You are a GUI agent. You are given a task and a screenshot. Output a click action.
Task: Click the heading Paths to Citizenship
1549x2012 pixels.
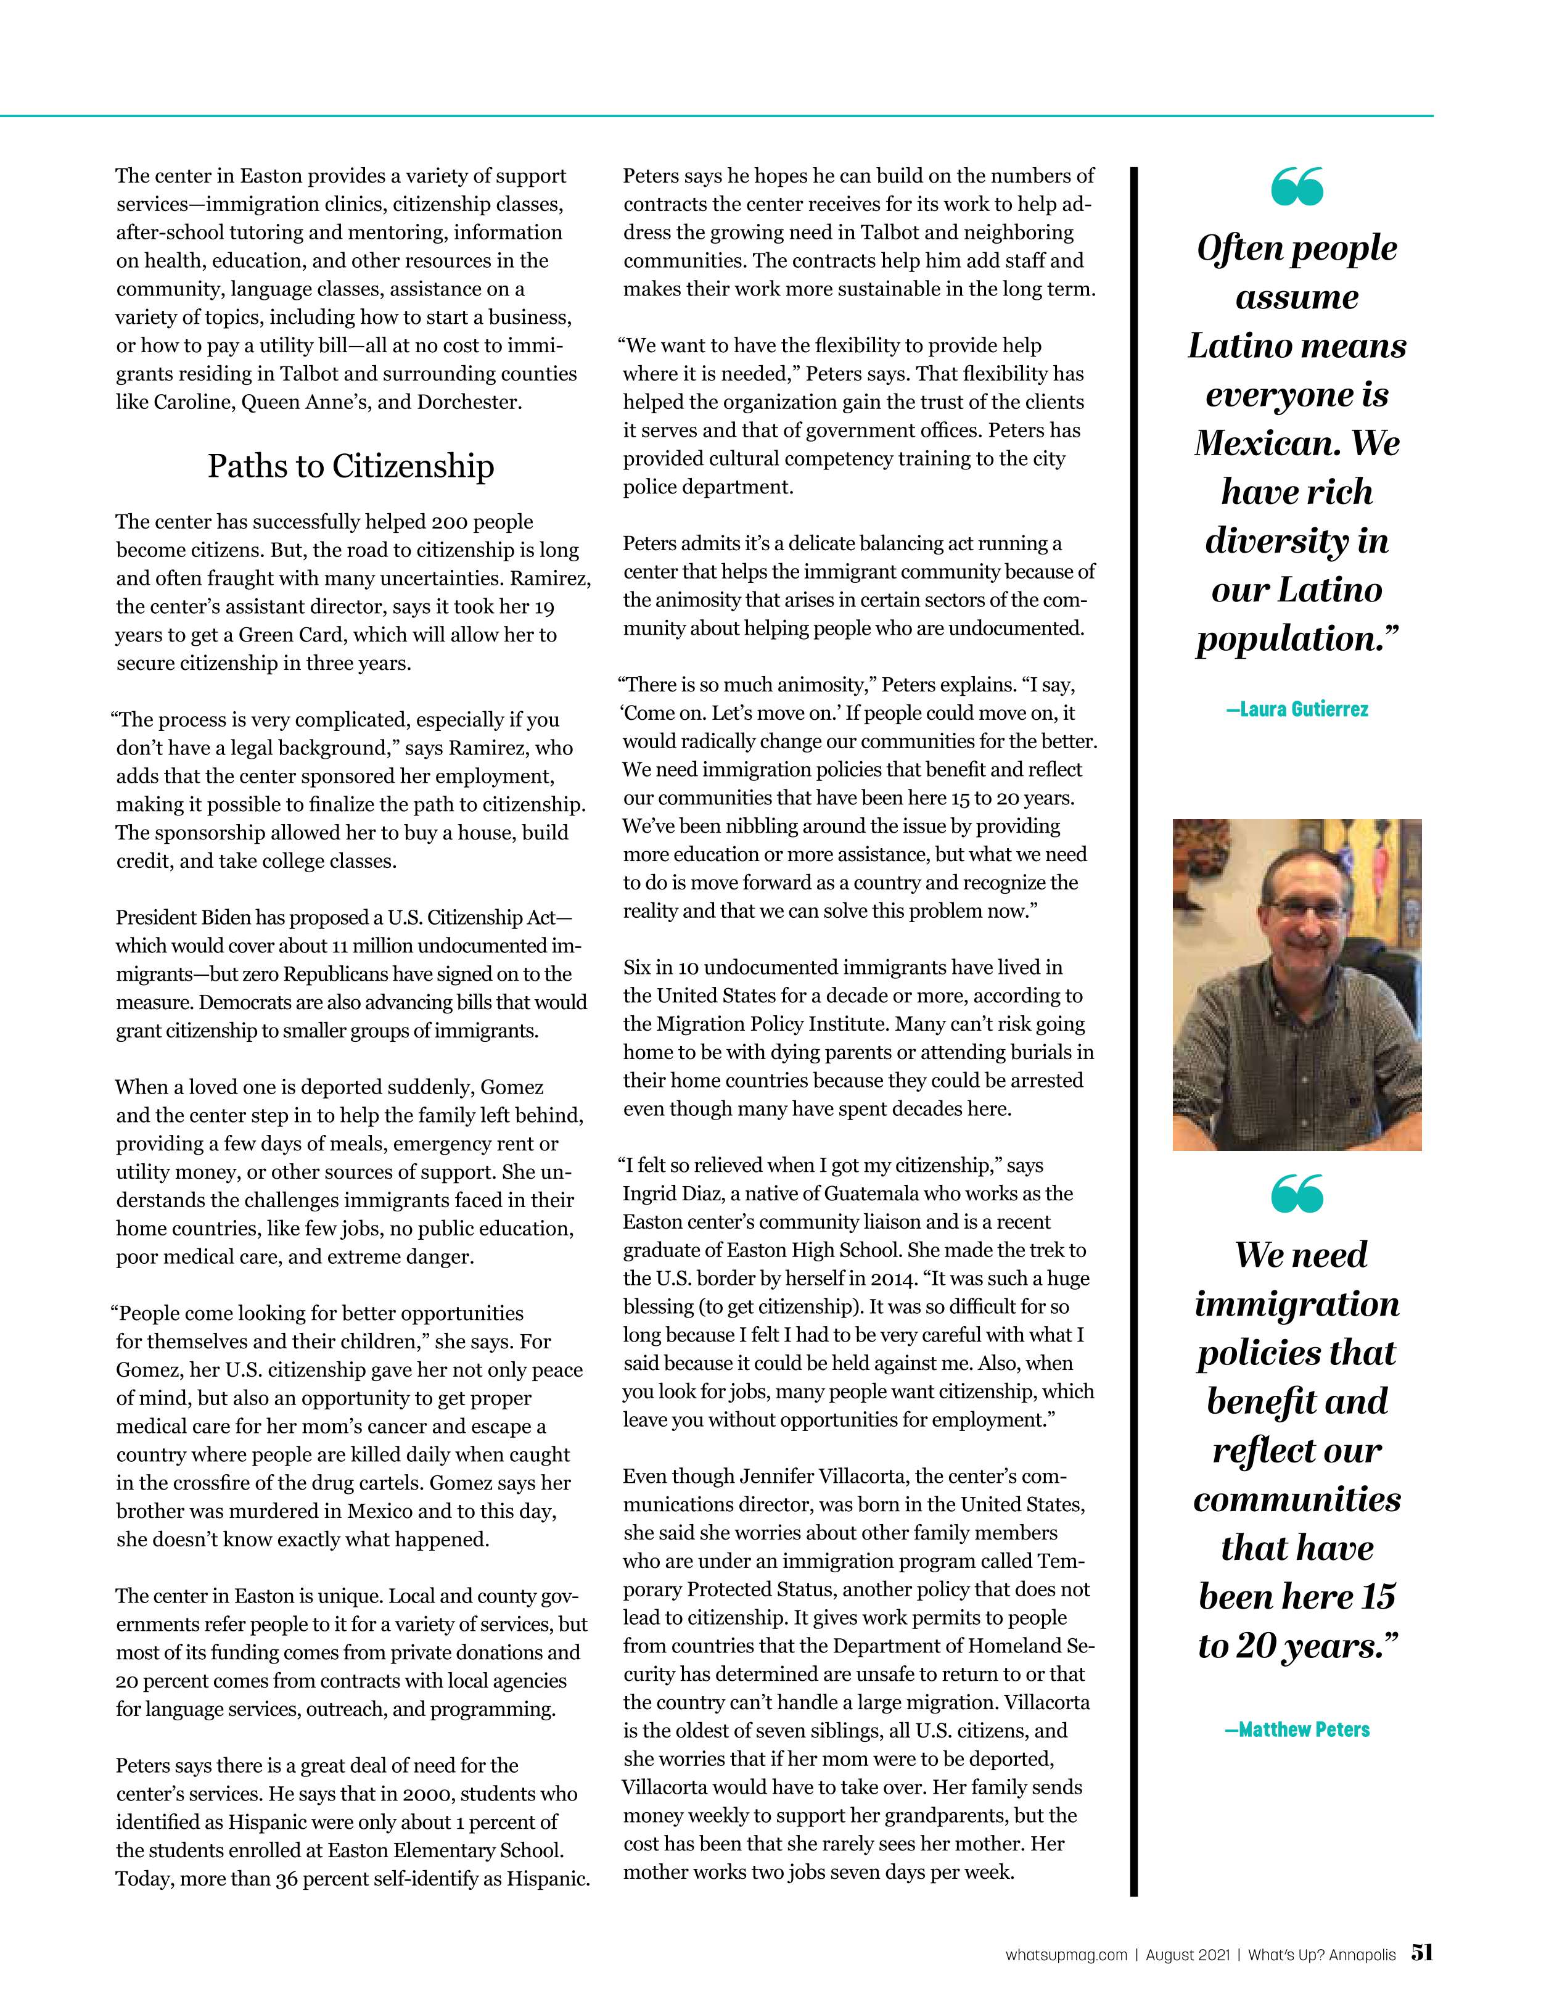(x=350, y=466)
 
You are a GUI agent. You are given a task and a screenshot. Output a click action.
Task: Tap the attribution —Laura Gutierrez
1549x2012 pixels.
(x=1297, y=709)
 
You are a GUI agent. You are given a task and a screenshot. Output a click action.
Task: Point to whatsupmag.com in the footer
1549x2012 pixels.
(x=1066, y=1955)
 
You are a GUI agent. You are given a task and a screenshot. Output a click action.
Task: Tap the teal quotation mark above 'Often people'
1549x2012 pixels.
(x=1297, y=186)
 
